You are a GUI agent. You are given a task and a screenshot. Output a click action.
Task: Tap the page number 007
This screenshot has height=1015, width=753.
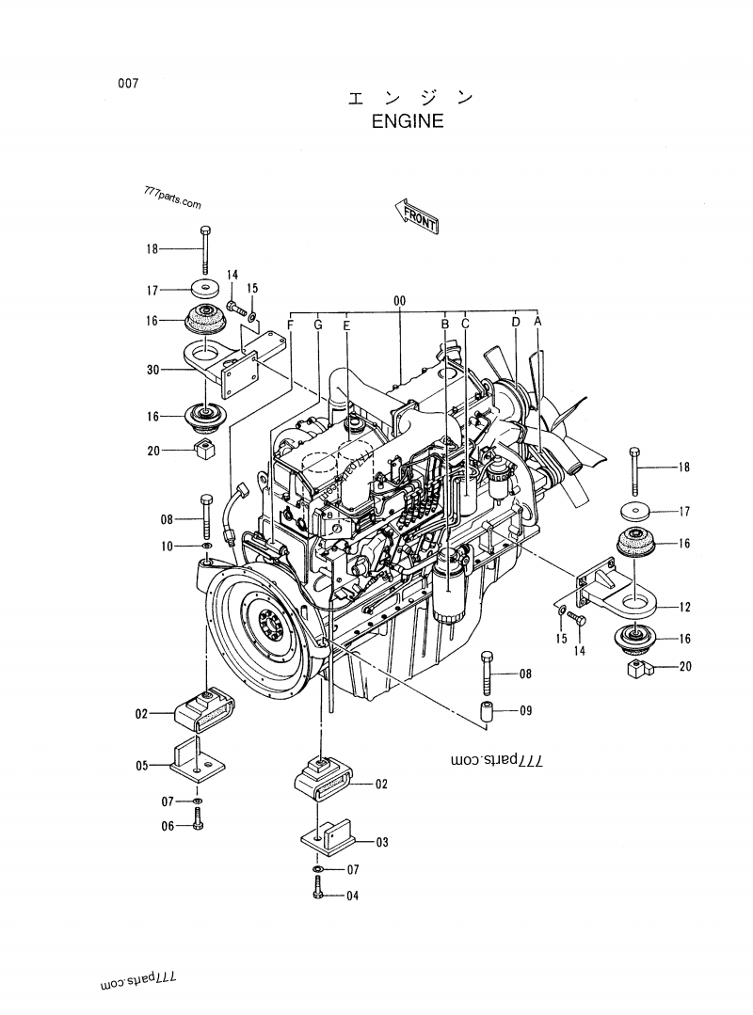coord(128,84)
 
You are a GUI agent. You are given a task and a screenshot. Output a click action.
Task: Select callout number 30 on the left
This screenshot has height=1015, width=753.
coord(153,370)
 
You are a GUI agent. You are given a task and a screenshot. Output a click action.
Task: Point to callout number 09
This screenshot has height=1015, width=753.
coord(525,711)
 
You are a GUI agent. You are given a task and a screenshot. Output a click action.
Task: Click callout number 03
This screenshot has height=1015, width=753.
coord(381,842)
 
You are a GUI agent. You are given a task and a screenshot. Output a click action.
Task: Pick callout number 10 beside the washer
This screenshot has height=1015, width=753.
coord(167,547)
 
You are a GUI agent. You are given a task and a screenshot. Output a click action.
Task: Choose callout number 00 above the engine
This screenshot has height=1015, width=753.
coord(399,300)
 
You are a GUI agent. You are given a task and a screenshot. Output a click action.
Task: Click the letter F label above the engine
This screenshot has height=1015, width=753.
coord(291,325)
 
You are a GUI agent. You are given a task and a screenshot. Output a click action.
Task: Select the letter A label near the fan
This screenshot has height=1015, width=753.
coord(537,321)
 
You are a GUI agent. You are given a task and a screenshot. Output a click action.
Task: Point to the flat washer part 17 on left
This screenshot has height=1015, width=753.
coord(201,289)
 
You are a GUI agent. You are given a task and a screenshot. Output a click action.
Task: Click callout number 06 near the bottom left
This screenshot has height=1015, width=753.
coord(167,826)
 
